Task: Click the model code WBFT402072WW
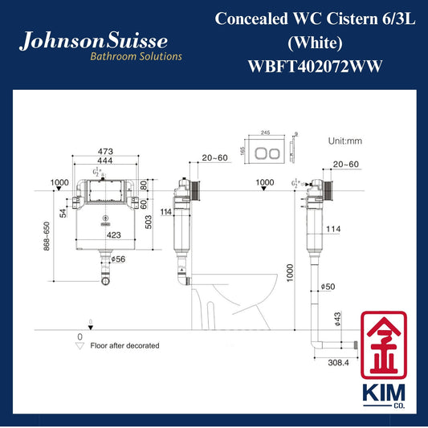[315, 67]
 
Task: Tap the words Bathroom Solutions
[137, 56]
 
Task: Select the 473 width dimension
[105, 151]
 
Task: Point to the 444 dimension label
[105, 161]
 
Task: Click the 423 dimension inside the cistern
[113, 235]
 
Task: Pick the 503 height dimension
[149, 222]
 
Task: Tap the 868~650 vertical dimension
[47, 236]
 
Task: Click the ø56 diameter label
[118, 259]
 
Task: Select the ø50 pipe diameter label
[328, 287]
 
